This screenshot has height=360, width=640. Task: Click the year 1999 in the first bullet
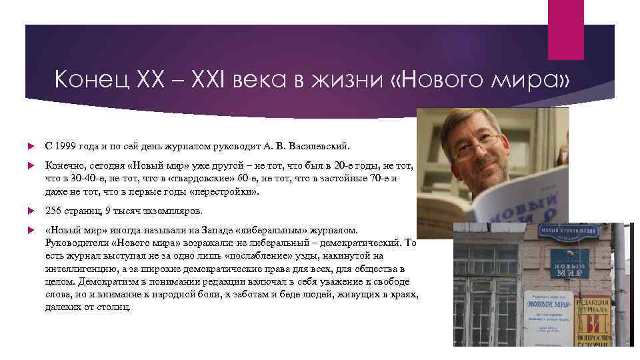(x=65, y=145)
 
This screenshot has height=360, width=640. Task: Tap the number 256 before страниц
(x=53, y=211)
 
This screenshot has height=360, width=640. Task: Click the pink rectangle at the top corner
(x=565, y=20)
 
